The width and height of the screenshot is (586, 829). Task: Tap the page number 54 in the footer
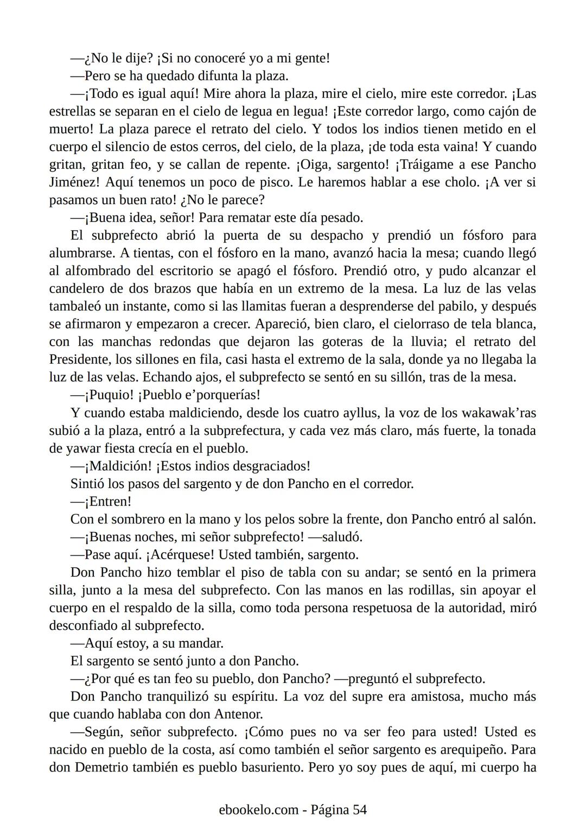click(x=360, y=810)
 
